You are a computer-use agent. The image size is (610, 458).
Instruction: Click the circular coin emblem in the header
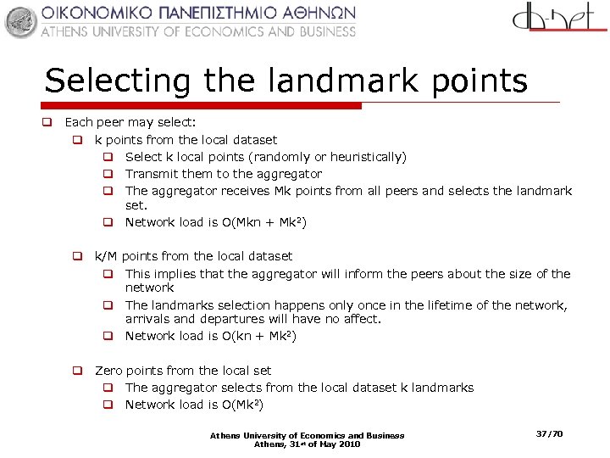[x=21, y=21]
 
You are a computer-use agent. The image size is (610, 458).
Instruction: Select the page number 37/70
[x=549, y=434]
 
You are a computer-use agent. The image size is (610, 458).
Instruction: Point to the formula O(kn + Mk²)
[x=258, y=336]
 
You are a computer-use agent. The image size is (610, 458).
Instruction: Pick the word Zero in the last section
[x=109, y=371]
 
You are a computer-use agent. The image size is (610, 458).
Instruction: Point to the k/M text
[x=106, y=256]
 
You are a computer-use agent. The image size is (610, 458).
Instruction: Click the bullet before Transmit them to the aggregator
[x=108, y=174]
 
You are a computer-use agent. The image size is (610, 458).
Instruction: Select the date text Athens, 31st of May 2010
[x=307, y=444]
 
